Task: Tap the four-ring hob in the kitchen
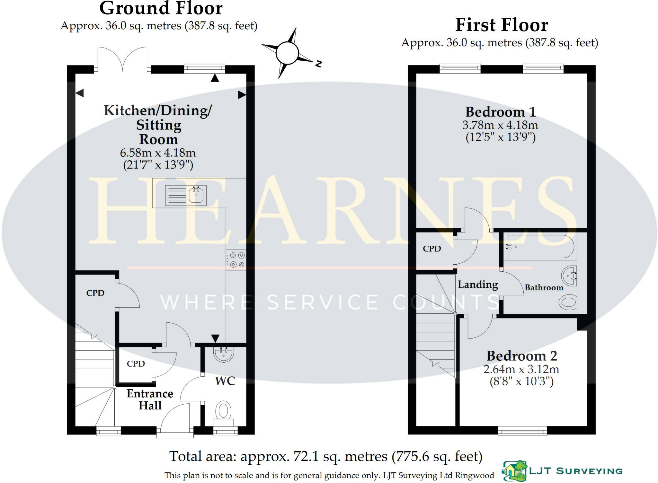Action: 236,260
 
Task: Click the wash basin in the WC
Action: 224,355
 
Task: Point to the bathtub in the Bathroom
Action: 540,247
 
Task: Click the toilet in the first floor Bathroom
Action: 568,302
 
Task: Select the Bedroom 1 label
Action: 501,112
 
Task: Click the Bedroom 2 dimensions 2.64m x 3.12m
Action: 521,369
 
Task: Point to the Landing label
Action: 478,285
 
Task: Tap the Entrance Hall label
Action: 150,400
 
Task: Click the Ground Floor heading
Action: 161,9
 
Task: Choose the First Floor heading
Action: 502,25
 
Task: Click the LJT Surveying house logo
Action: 515,471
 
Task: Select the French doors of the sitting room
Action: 122,60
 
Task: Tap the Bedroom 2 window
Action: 522,431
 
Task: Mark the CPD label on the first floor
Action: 432,249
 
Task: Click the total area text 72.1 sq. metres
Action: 326,456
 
